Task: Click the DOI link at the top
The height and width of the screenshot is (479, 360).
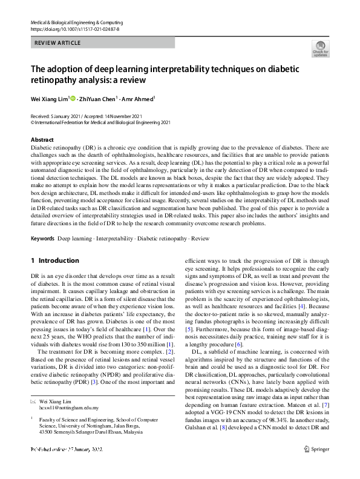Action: [x=74, y=28]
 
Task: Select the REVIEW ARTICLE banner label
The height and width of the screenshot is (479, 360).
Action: [x=57, y=42]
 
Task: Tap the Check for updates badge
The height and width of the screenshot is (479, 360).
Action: [x=321, y=48]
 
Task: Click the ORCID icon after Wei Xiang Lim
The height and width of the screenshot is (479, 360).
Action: [x=73, y=98]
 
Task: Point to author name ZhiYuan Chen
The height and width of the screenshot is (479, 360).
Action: [x=98, y=98]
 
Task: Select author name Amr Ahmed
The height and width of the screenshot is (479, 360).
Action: [x=138, y=98]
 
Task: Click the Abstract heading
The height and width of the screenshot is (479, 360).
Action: [x=42, y=140]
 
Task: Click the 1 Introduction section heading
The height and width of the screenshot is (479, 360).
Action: [x=54, y=261]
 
